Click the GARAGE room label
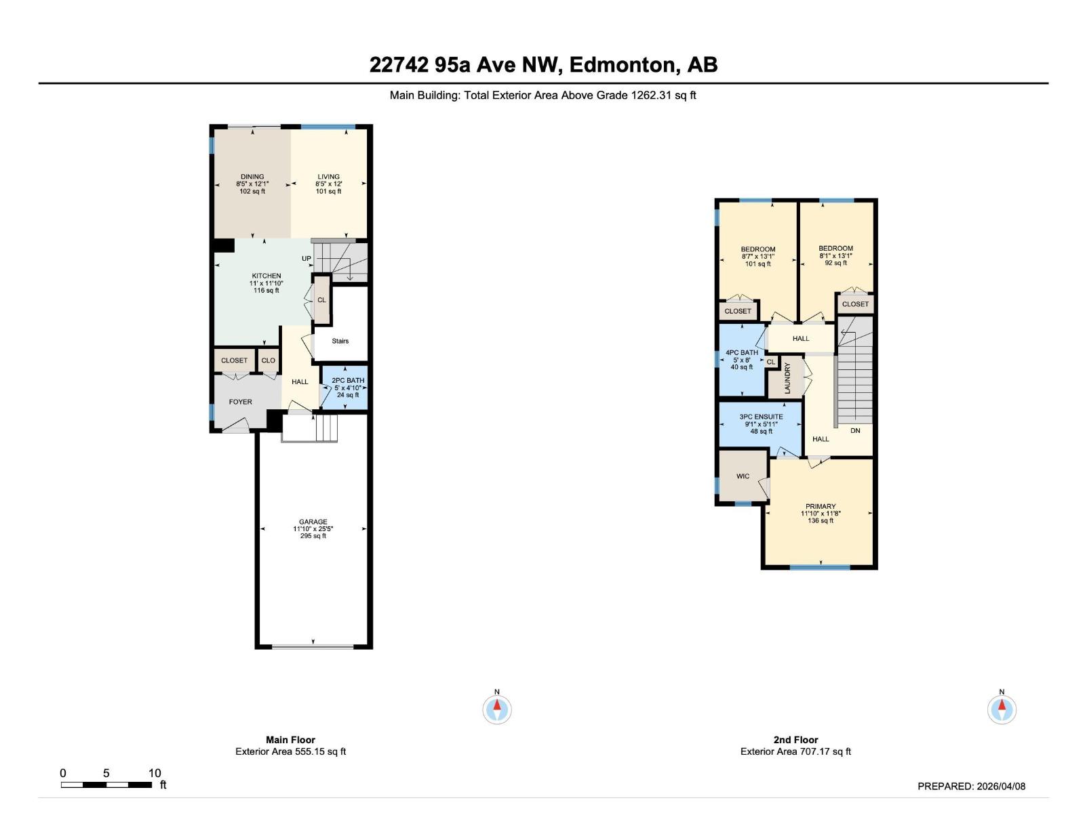[313, 522]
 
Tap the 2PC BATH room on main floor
[347, 388]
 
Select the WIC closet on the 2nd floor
[743, 476]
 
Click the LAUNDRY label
[787, 378]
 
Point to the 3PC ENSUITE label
[761, 417]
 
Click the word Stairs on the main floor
[340, 341]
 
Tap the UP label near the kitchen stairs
[307, 259]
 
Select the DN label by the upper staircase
[855, 430]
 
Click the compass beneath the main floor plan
[497, 709]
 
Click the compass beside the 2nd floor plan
[1002, 709]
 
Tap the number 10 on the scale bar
[155, 773]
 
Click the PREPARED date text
[971, 786]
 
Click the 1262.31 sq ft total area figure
[663, 96]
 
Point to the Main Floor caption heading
[290, 740]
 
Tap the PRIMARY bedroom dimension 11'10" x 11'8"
[821, 514]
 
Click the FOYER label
[240, 402]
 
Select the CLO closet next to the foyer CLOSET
[269, 360]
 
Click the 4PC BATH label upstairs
[742, 352]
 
